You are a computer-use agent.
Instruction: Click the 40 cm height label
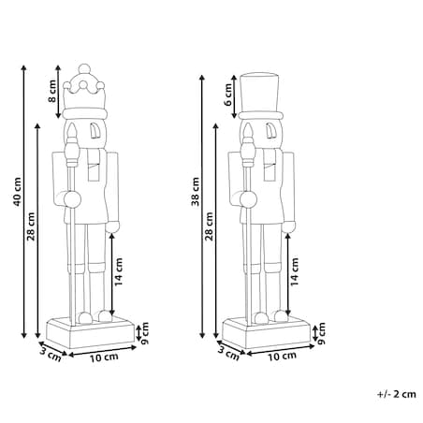(17, 192)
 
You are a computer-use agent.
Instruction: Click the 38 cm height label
(196, 192)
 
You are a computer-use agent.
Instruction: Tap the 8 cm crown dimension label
(52, 91)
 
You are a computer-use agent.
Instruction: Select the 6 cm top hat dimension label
(228, 95)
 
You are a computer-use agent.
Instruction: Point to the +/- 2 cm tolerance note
(397, 394)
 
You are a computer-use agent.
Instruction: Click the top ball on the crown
(84, 68)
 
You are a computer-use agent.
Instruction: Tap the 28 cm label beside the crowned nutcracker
(31, 226)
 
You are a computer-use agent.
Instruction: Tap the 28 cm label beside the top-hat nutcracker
(210, 226)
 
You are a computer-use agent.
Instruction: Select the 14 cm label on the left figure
(119, 271)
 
